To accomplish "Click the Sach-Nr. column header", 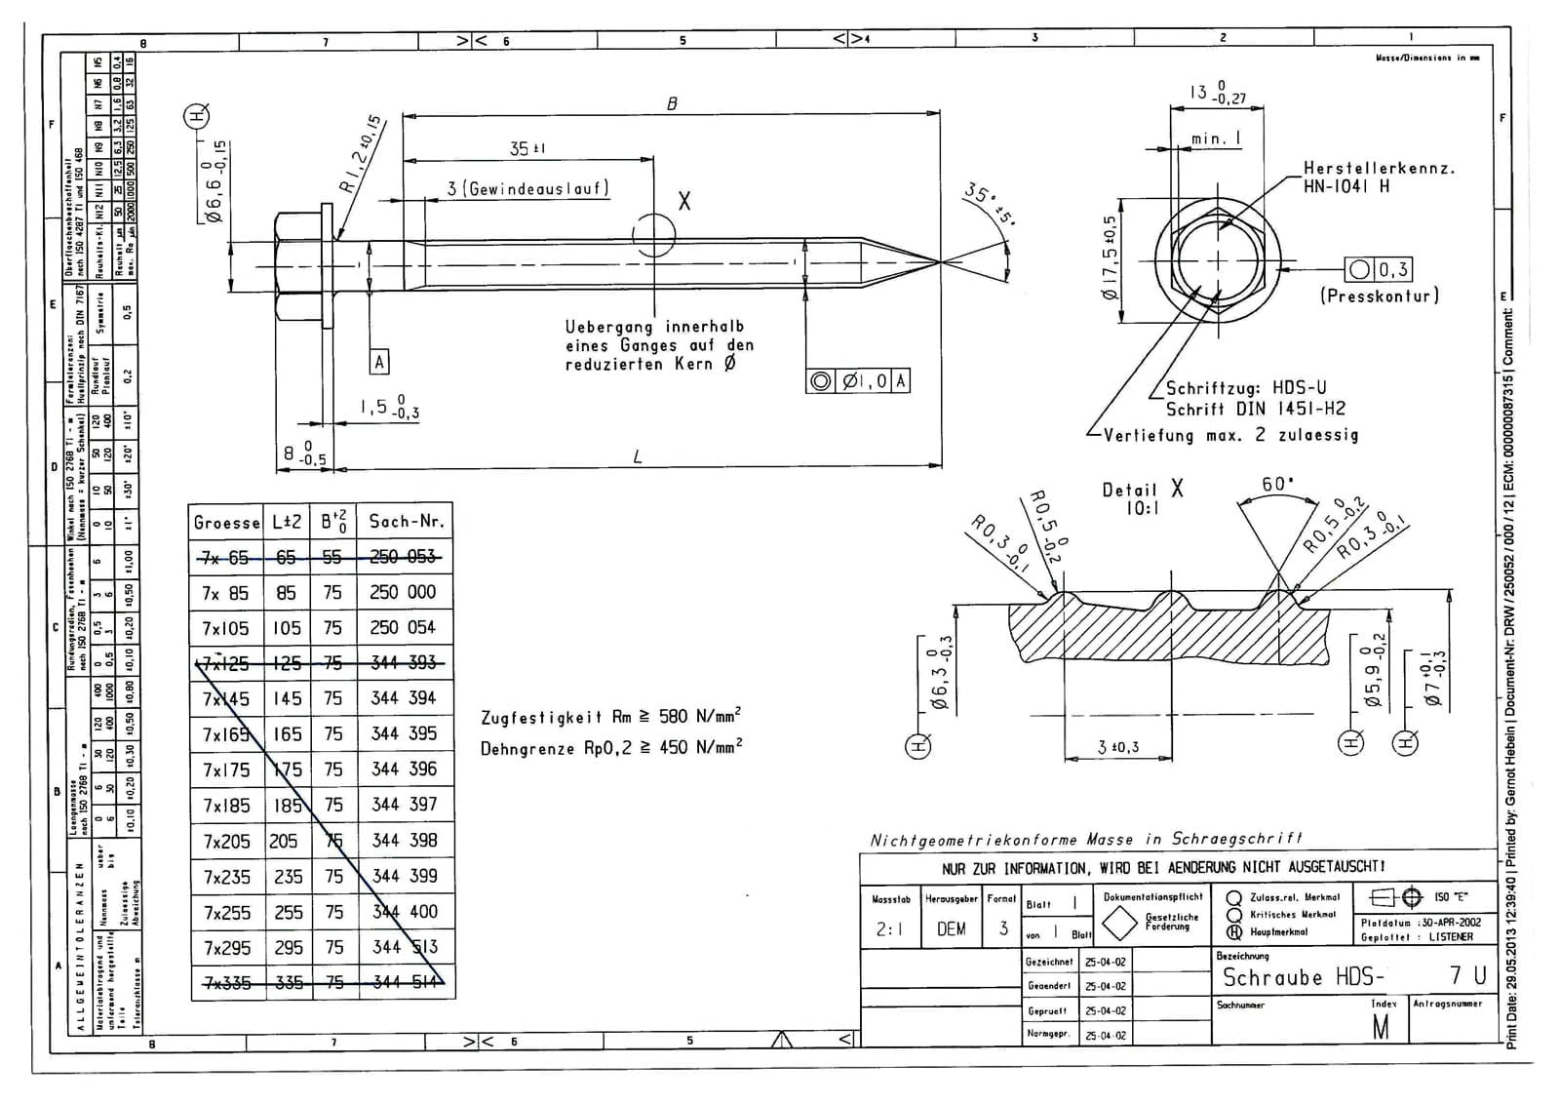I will [x=407, y=522].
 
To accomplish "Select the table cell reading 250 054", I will [x=403, y=628].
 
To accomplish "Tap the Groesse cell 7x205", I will [x=226, y=842].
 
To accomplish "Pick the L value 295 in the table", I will [x=288, y=948].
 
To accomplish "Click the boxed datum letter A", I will [x=380, y=363].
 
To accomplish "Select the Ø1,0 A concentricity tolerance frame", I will [x=859, y=381].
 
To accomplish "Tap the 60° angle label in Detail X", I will [x=1277, y=485].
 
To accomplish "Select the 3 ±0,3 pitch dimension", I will [x=1117, y=747].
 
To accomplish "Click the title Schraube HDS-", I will [x=1304, y=977].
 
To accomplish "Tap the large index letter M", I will [x=1381, y=1027].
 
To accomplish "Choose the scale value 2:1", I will [x=888, y=929].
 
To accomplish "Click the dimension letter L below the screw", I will [x=638, y=456].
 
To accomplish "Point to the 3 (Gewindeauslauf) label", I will [x=527, y=188].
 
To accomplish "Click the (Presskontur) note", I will [x=1380, y=296].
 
